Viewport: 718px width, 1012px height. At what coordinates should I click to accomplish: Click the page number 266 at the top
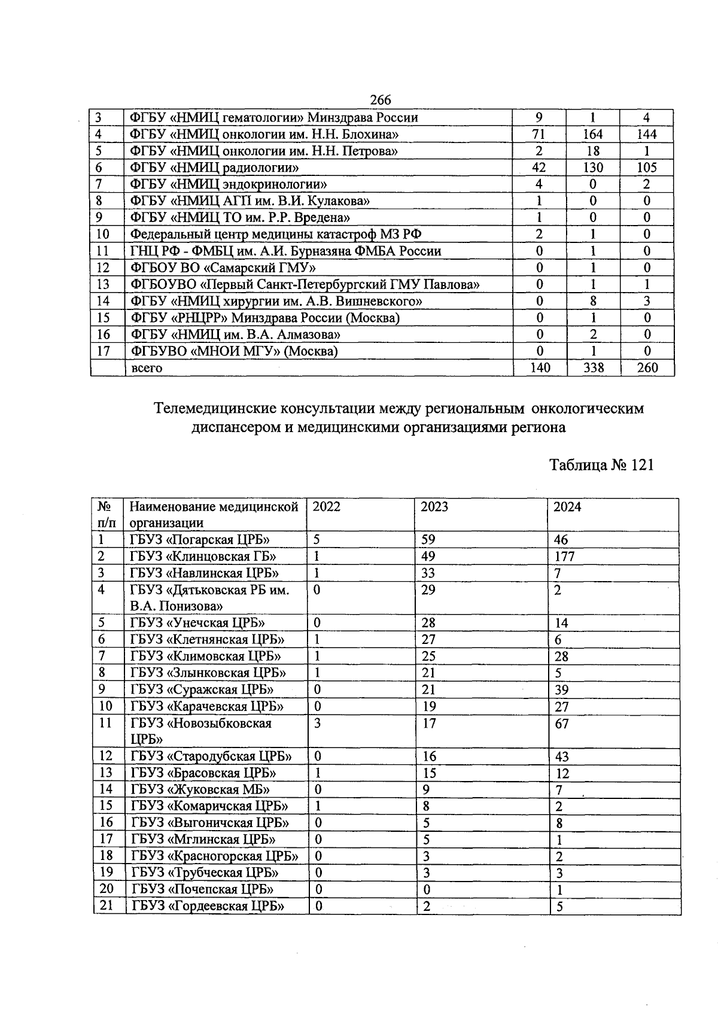tap(381, 99)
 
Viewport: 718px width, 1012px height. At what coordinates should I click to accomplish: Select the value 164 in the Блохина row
tap(593, 134)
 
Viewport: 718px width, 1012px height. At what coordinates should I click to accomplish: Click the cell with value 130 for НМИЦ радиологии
tap(593, 168)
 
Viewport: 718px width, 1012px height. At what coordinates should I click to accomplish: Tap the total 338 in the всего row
tap(593, 368)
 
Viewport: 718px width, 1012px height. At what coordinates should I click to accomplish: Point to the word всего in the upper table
tap(147, 368)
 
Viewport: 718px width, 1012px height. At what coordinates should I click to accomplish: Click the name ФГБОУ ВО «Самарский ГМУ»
tap(223, 268)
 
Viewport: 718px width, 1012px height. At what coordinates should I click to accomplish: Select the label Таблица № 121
tap(601, 465)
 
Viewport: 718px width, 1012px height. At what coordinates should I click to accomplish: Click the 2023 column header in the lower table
tap(434, 507)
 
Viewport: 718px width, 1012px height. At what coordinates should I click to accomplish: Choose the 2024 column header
tap(567, 507)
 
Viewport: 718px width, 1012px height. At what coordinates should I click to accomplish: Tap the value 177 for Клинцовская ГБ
tap(564, 557)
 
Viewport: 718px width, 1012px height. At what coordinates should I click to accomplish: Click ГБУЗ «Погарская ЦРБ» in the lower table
tap(200, 540)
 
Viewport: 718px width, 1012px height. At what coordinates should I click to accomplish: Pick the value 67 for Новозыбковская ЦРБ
tap(562, 724)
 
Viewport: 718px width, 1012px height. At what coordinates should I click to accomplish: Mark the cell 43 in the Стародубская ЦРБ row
tap(562, 757)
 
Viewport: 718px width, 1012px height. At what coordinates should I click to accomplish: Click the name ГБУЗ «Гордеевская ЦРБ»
tap(207, 906)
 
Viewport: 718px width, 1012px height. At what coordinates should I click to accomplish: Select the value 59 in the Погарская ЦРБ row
tap(428, 540)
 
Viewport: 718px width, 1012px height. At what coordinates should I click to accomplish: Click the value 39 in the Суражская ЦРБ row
tap(562, 690)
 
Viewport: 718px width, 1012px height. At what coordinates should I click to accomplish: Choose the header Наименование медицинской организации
tap(214, 515)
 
